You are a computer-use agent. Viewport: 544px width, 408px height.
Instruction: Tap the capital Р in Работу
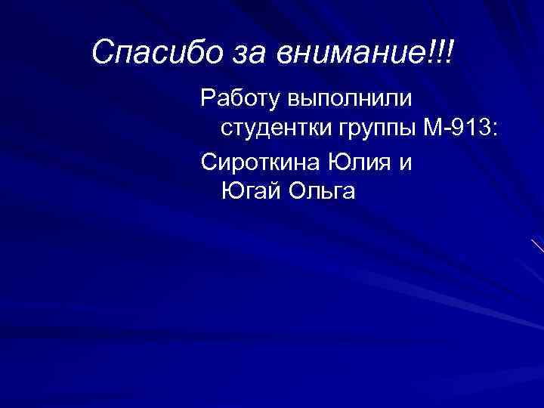click(207, 97)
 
